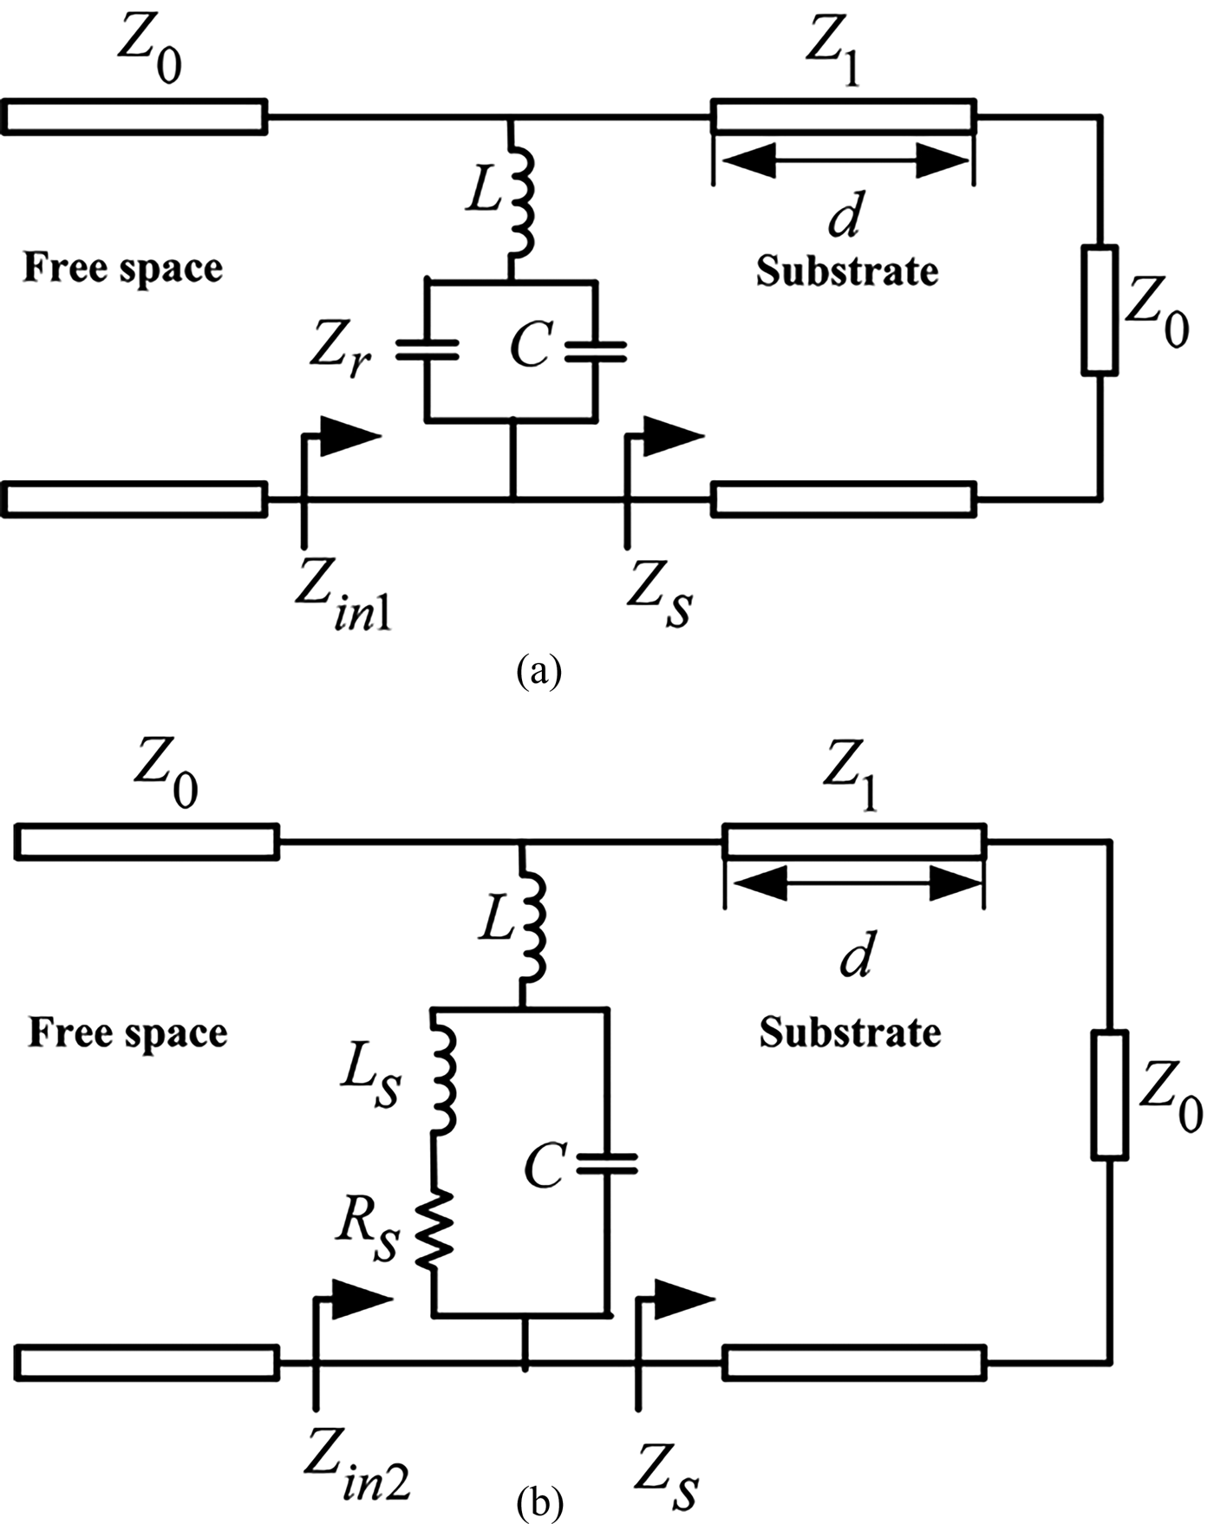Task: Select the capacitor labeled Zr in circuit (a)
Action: (427, 349)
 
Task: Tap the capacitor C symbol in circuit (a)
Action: (596, 349)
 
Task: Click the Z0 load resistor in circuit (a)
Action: (1100, 310)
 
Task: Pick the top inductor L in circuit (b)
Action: (530, 926)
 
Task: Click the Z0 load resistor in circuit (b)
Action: (1110, 1094)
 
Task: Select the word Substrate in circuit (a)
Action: (846, 271)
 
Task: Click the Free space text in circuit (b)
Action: (127, 1032)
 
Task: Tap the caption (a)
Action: (538, 672)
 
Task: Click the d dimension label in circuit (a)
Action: (844, 217)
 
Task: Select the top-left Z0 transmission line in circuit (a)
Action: (134, 117)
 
